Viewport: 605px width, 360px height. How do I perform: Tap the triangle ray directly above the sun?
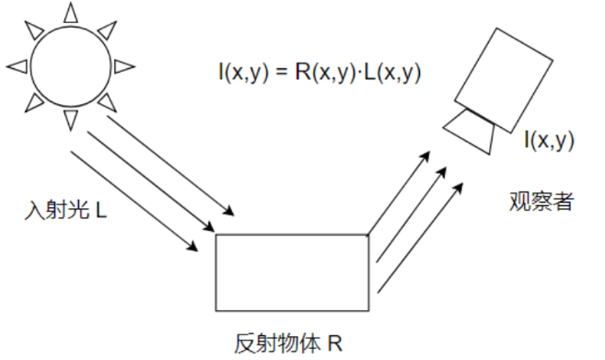(x=71, y=12)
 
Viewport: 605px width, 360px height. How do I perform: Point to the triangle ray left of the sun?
(x=17, y=65)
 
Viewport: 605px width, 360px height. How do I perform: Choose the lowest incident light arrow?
(x=133, y=198)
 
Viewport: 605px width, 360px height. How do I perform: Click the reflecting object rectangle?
(x=291, y=272)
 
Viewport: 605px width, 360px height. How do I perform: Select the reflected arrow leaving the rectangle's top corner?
(x=399, y=193)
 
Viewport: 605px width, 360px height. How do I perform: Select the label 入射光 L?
(x=65, y=212)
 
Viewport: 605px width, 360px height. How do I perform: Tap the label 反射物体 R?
(x=287, y=344)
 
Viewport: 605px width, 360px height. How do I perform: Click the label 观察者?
(x=541, y=200)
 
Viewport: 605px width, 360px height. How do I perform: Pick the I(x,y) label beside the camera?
(x=549, y=140)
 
